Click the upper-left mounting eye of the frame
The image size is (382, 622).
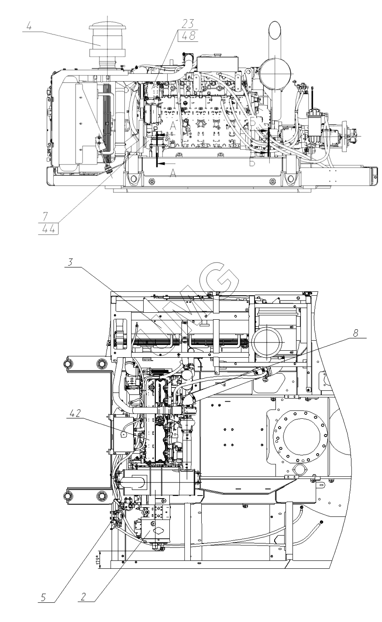[x=101, y=363]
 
